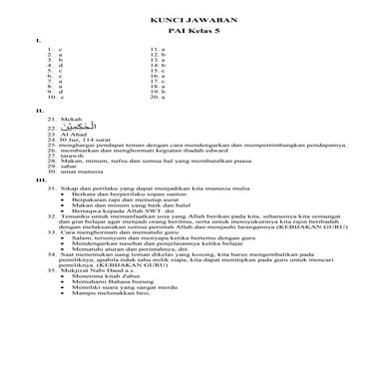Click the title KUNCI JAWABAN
194,20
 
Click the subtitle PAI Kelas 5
194,31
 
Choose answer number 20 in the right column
157,99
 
